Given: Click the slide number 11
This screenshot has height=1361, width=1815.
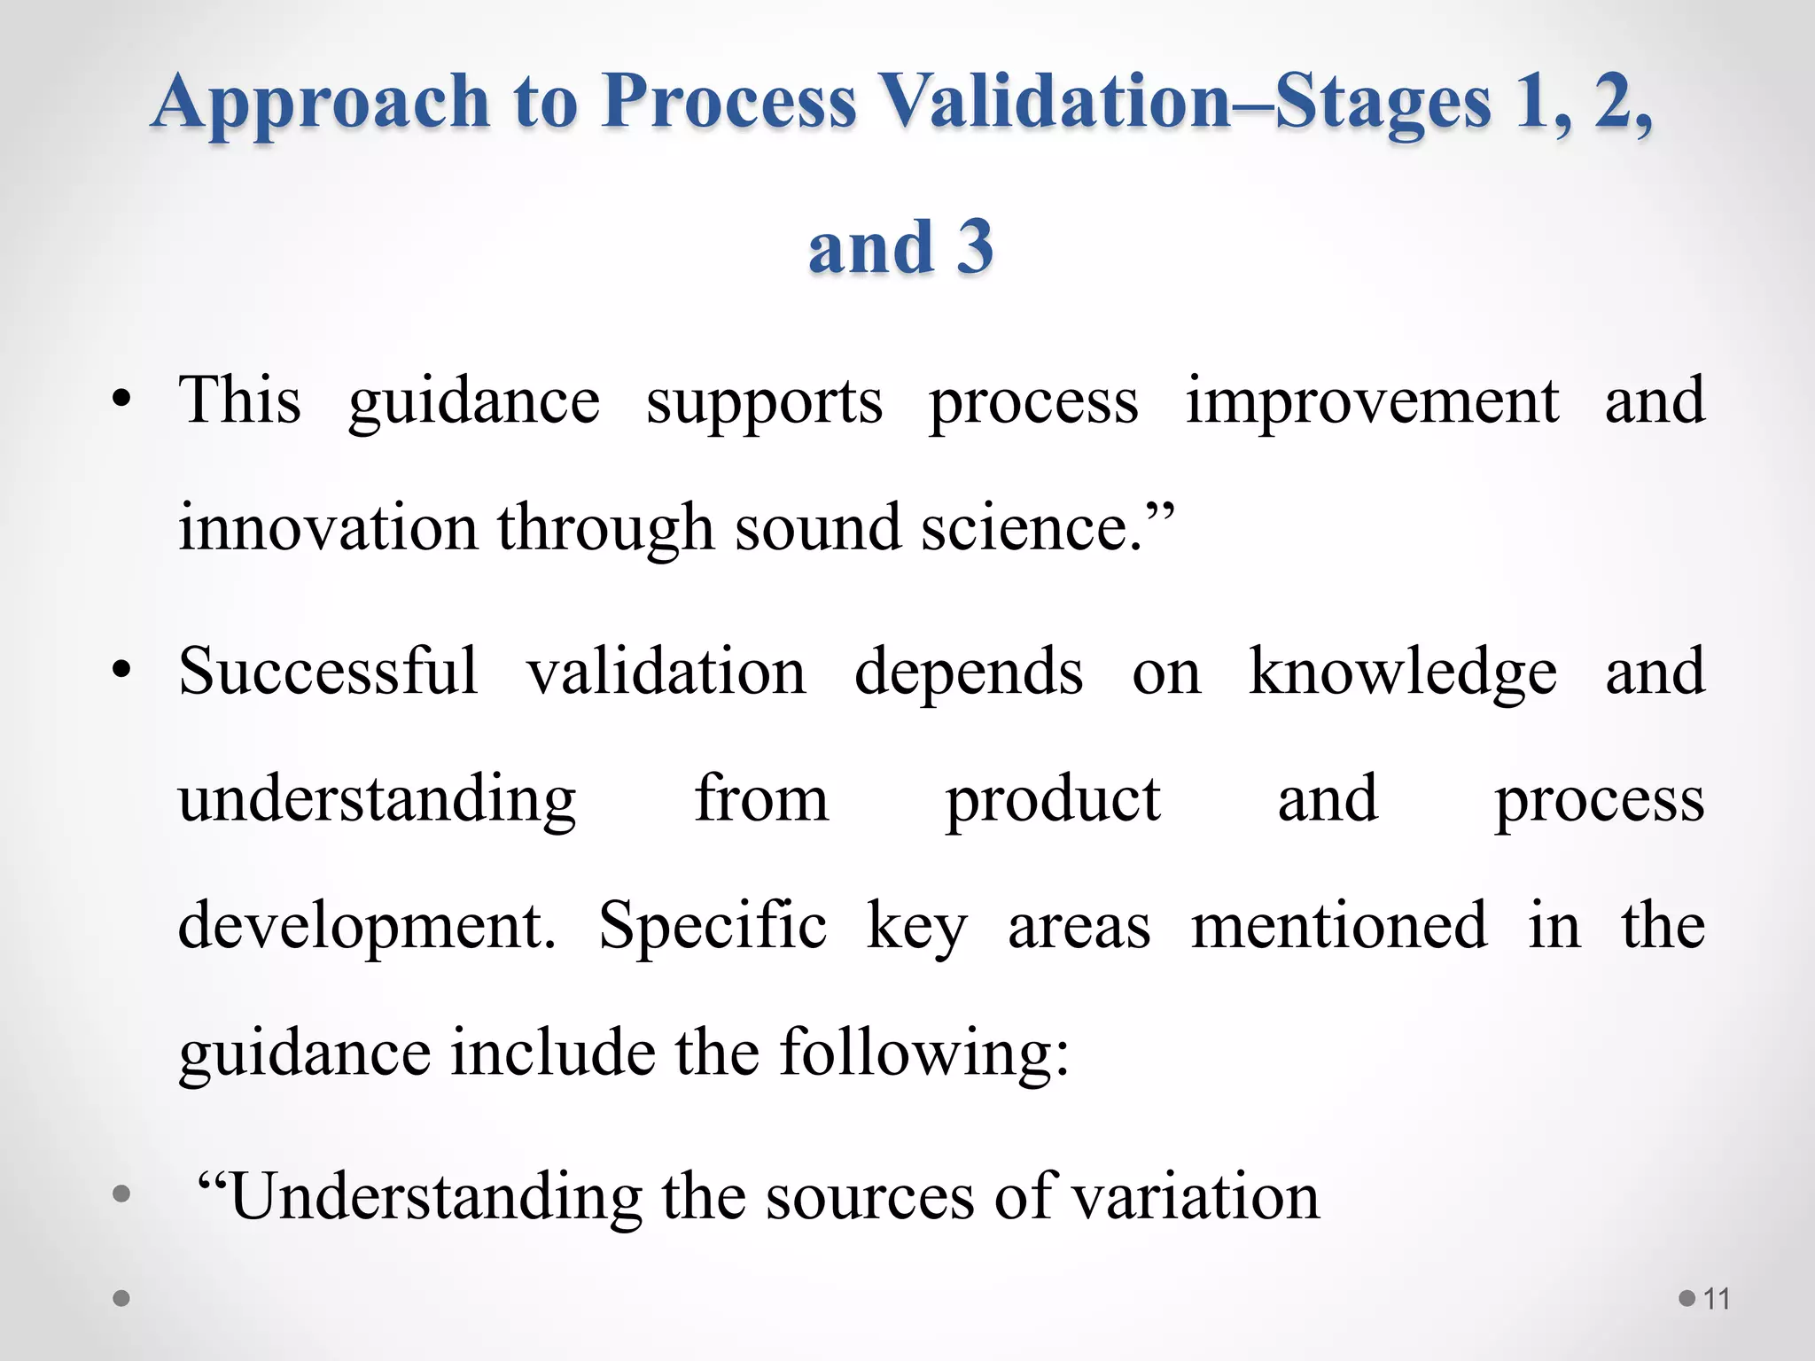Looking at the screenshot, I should pos(1717,1299).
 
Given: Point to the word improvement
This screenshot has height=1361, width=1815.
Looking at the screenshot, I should pos(1372,401).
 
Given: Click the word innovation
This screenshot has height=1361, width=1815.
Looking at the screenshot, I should pos(328,527).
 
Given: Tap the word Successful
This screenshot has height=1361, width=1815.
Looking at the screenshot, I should pos(328,671).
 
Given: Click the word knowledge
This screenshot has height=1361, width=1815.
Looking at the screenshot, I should pos(1402,673).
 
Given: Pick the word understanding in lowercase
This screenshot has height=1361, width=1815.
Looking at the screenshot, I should pos(377,800).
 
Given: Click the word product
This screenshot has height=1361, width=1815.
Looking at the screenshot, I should pos(1052,800).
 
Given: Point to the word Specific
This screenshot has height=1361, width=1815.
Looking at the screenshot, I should pos(713,926).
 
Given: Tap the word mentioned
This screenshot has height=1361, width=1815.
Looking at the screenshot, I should pos(1338,926).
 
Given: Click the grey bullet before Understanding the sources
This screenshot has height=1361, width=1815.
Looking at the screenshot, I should pos(121,1194).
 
